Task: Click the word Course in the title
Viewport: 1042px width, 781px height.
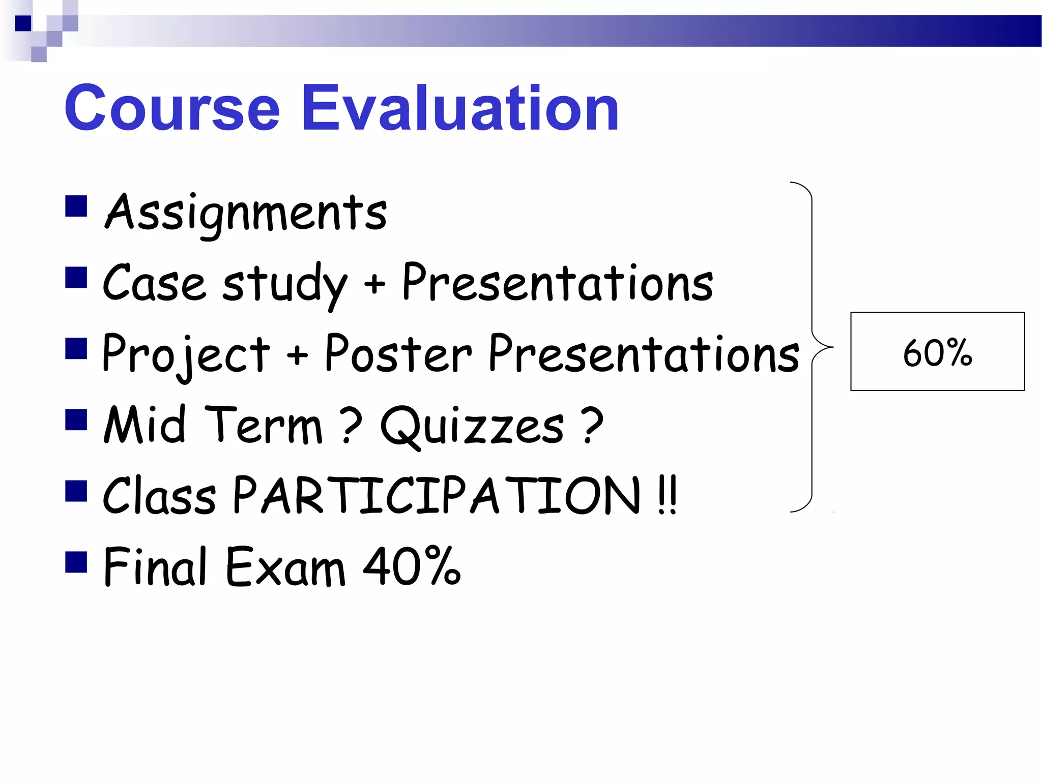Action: tap(172, 108)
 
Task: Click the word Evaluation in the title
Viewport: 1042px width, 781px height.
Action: tap(460, 108)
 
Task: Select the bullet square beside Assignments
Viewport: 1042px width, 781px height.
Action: tap(76, 206)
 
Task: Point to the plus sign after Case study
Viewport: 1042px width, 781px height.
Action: tap(374, 284)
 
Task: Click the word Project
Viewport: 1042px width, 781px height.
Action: tap(186, 354)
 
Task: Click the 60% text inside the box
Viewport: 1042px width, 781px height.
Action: tap(937, 352)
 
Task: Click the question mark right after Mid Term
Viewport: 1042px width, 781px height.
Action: tap(351, 425)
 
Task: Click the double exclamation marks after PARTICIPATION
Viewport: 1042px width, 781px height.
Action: tap(667, 496)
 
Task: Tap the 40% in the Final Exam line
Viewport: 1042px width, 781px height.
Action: tap(411, 566)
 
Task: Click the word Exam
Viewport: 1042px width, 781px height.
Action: tap(285, 567)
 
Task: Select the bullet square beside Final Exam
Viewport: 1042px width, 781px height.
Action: tap(76, 562)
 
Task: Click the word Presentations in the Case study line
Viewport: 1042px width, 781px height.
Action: tap(558, 283)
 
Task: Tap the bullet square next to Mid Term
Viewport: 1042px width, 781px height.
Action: tap(76, 420)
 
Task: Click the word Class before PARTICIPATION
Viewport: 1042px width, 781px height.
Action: tap(159, 496)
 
